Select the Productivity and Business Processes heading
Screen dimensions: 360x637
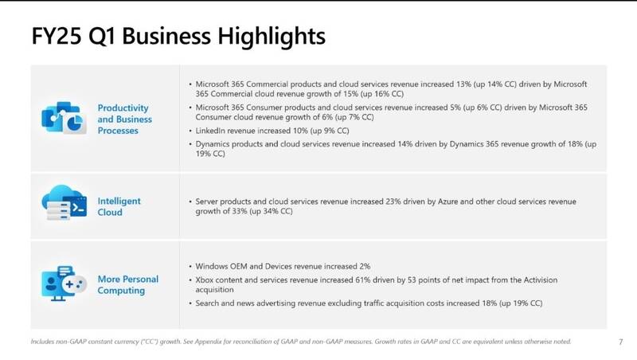(124, 119)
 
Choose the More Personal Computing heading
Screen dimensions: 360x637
(127, 284)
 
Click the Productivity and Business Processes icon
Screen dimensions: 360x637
(63, 119)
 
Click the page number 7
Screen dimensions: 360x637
(620, 342)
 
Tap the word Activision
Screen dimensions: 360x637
(531, 281)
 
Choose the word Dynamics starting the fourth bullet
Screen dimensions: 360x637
(214, 143)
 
